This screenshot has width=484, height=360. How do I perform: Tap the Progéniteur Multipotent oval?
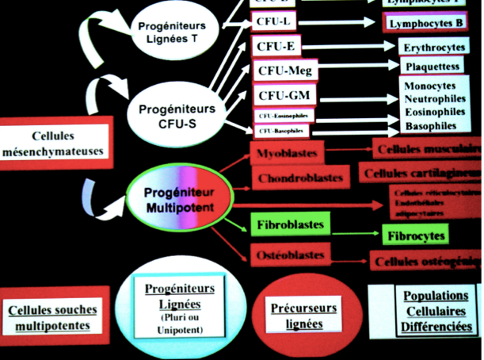179,198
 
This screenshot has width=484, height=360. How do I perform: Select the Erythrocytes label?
434,48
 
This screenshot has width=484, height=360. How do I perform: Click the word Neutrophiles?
435,99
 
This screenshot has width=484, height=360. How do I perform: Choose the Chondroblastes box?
299,178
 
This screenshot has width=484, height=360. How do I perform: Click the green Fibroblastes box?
290,226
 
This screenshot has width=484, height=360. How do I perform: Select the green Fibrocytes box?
415,236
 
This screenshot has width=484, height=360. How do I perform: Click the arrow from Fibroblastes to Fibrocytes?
354,231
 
